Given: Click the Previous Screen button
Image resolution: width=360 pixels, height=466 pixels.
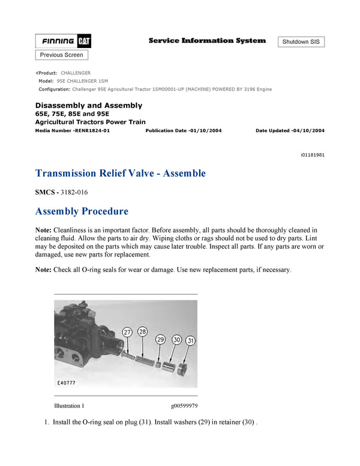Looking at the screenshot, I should coord(62,55).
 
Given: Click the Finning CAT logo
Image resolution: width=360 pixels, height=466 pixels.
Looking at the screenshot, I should coord(63,41).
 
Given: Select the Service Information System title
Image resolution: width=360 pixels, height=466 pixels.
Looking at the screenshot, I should coord(207,41).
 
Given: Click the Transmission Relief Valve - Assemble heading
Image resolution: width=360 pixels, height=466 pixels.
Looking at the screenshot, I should coord(121,174).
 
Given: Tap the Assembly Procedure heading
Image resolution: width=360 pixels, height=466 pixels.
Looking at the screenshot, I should coord(82,211).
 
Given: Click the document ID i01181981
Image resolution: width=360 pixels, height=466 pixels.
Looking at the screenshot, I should coord(313,154).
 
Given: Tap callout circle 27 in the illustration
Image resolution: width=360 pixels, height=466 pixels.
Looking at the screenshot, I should coord(127,332).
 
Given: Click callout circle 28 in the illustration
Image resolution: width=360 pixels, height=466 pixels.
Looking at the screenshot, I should coord(142,332).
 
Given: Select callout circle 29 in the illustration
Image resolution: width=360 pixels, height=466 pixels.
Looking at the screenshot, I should coord(160,339).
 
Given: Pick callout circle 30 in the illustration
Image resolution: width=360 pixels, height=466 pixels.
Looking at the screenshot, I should coord(176,339).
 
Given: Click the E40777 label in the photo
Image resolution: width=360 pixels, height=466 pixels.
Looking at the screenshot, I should coord(67,381).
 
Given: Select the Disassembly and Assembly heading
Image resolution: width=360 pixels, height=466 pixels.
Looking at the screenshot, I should coord(89,106).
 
